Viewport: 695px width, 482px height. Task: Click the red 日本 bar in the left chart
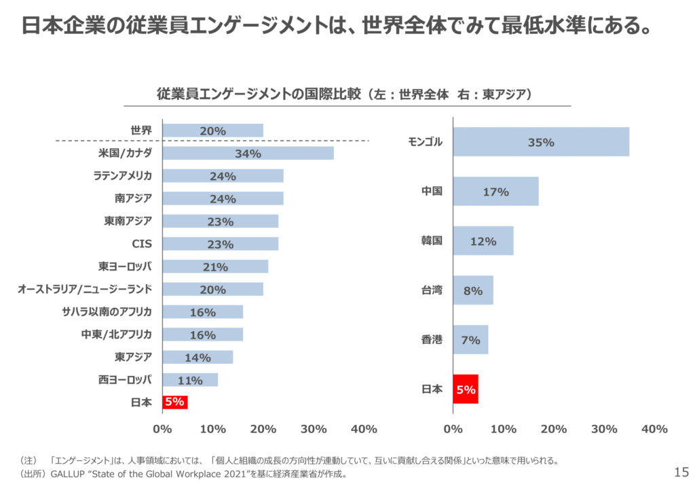[x=175, y=402]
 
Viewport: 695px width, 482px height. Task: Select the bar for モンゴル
[x=541, y=142]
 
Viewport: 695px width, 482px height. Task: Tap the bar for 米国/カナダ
[x=248, y=153]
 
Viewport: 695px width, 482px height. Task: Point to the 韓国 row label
[x=432, y=241]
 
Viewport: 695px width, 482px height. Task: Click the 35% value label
[x=541, y=143]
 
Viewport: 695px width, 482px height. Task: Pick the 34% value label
[x=248, y=154]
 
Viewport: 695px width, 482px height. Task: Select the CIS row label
[x=142, y=243]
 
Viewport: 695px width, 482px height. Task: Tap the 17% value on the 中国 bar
[x=495, y=192]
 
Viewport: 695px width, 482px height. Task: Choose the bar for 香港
[x=470, y=339]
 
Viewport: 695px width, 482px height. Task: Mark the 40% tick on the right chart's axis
[x=654, y=429]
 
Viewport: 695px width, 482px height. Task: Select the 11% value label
[x=190, y=380]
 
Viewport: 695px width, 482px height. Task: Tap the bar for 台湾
[x=473, y=290]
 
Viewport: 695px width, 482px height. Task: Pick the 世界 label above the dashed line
[x=141, y=131]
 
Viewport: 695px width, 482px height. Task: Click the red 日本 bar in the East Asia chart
[x=466, y=390]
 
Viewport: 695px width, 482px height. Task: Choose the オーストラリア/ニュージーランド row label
[x=84, y=289]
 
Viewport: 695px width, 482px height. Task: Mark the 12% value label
[x=483, y=241]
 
